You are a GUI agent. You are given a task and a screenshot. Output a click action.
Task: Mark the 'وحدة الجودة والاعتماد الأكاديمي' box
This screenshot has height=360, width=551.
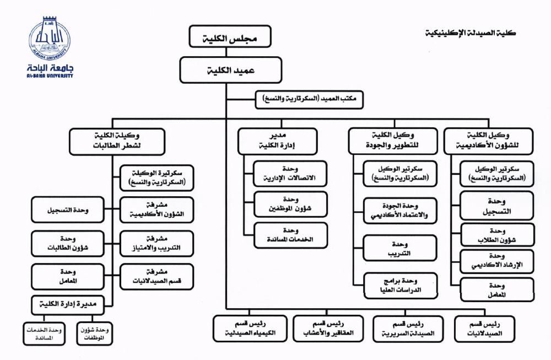(400, 211)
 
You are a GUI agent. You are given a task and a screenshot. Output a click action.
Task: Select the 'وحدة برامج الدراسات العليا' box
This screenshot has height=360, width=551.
(400, 284)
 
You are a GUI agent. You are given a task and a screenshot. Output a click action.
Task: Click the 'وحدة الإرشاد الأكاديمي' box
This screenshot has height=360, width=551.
(497, 261)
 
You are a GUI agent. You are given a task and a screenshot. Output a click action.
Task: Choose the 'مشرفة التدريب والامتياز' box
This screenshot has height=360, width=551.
(157, 244)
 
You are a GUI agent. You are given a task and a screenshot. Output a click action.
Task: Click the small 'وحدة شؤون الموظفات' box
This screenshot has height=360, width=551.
(93, 332)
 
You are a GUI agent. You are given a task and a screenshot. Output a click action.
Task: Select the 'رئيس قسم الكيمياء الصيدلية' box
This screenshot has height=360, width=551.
(251, 329)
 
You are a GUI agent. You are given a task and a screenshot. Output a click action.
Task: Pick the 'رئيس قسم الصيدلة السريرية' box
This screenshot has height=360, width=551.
(408, 329)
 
